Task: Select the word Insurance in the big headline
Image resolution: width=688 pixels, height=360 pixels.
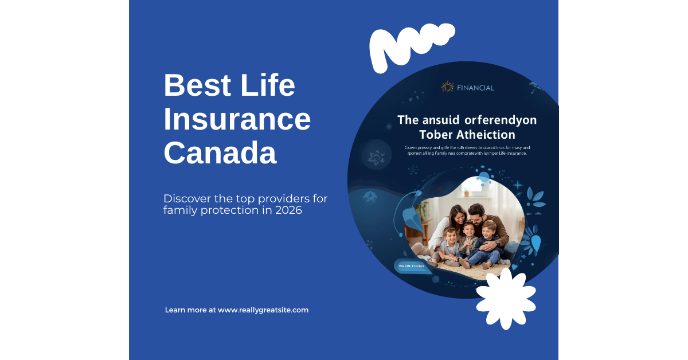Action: point(237,120)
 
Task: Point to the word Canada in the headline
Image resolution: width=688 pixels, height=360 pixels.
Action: point(220,153)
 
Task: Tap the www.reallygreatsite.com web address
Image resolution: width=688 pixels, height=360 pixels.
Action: point(263,310)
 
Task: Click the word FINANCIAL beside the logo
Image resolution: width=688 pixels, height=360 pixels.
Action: point(475,88)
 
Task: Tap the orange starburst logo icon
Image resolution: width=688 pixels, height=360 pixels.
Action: point(447,87)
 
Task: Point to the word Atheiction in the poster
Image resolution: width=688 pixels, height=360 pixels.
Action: point(488,135)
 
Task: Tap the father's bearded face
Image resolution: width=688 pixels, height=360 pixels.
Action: point(478,215)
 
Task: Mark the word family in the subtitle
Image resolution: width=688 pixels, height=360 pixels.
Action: point(178,210)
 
